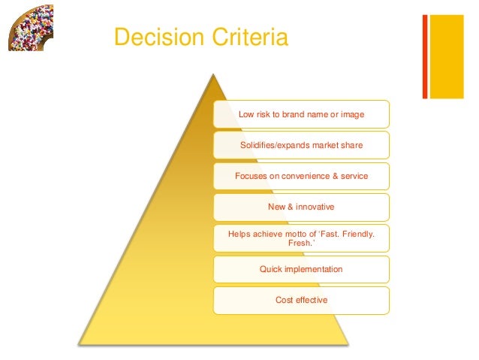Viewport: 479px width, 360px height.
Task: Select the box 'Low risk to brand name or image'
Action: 301,114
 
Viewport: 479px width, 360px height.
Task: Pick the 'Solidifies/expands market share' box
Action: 301,145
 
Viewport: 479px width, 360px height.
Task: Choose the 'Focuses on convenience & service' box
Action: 301,177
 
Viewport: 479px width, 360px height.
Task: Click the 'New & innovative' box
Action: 301,207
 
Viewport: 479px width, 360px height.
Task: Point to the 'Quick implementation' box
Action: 301,269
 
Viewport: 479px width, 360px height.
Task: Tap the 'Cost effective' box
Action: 301,301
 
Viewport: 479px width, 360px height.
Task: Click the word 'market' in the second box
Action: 324,145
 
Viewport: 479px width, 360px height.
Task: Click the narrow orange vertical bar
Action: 425,56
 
